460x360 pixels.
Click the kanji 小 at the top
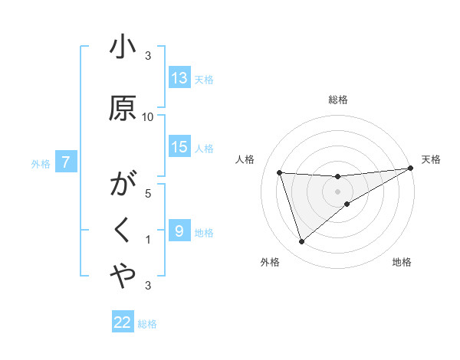(x=123, y=48)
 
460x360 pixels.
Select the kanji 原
(x=123, y=109)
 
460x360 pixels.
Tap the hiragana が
(x=123, y=185)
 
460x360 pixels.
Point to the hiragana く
(x=123, y=229)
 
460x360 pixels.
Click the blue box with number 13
(x=179, y=77)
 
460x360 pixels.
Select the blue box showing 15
(x=179, y=147)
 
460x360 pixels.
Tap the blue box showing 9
(x=179, y=231)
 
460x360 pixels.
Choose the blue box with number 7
(x=67, y=162)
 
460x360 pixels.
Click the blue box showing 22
(x=123, y=322)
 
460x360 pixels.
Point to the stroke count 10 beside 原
(x=148, y=116)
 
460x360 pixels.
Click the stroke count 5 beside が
(x=148, y=193)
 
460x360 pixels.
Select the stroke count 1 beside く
(x=148, y=240)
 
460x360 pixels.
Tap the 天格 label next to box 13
(x=204, y=79)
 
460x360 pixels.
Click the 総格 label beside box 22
(x=147, y=324)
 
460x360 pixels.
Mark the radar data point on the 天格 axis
(x=411, y=169)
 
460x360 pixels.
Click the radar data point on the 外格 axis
(x=301, y=242)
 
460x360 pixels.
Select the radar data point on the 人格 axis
(x=280, y=173)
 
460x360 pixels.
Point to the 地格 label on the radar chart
(x=402, y=262)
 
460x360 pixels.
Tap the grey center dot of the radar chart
(x=338, y=191)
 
